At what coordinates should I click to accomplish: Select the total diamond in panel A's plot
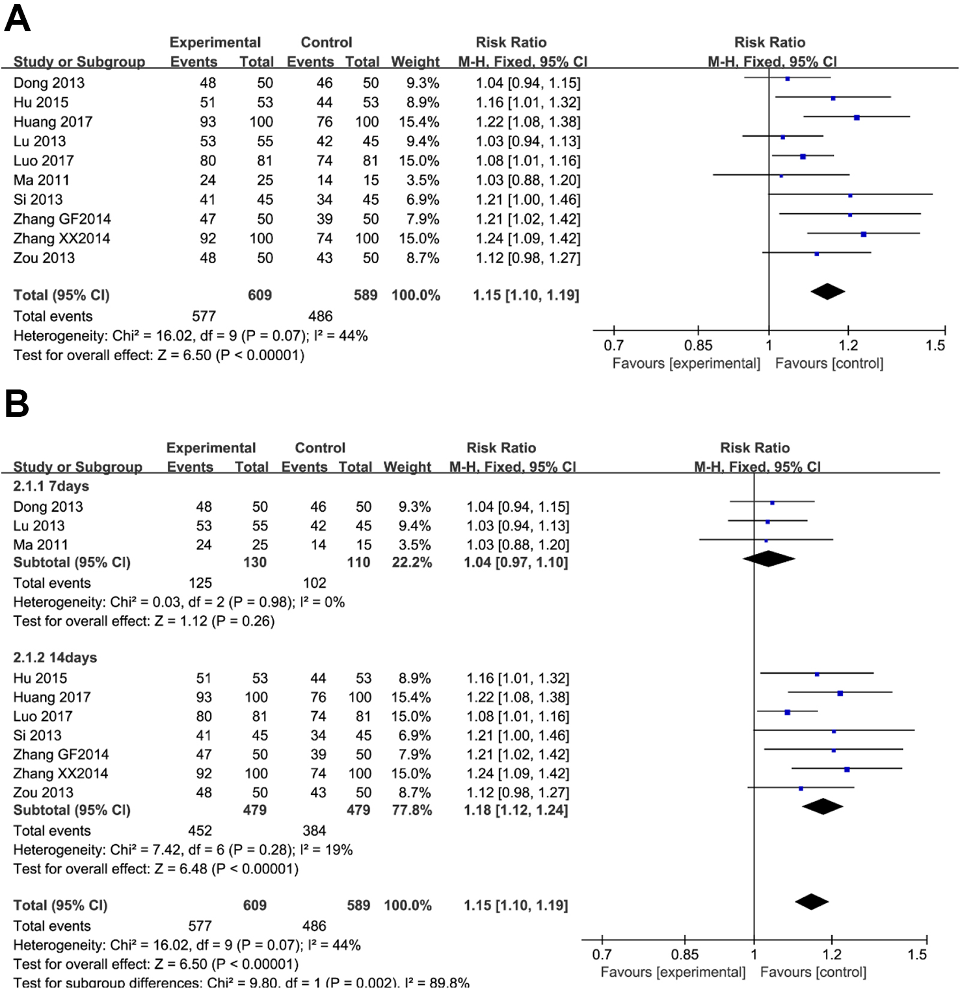[827, 291]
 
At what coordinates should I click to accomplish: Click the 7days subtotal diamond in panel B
[768, 559]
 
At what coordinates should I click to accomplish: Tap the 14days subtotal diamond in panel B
[823, 806]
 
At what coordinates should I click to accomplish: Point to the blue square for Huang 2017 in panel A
[857, 118]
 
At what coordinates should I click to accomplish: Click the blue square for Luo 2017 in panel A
[803, 157]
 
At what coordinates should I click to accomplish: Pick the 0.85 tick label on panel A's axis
[698, 345]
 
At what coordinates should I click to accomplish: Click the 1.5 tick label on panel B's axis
[917, 955]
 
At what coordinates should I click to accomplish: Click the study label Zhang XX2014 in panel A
[62, 239]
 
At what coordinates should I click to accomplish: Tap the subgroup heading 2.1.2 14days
[55, 657]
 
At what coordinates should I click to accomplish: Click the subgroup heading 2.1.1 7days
[51, 486]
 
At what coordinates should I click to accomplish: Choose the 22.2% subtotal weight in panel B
[412, 562]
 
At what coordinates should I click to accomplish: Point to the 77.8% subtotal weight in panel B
[412, 810]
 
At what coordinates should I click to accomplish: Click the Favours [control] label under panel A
[829, 363]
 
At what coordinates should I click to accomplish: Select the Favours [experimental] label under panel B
[673, 972]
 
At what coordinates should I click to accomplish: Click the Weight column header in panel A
[415, 62]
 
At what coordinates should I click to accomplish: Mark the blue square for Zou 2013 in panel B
[801, 788]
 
